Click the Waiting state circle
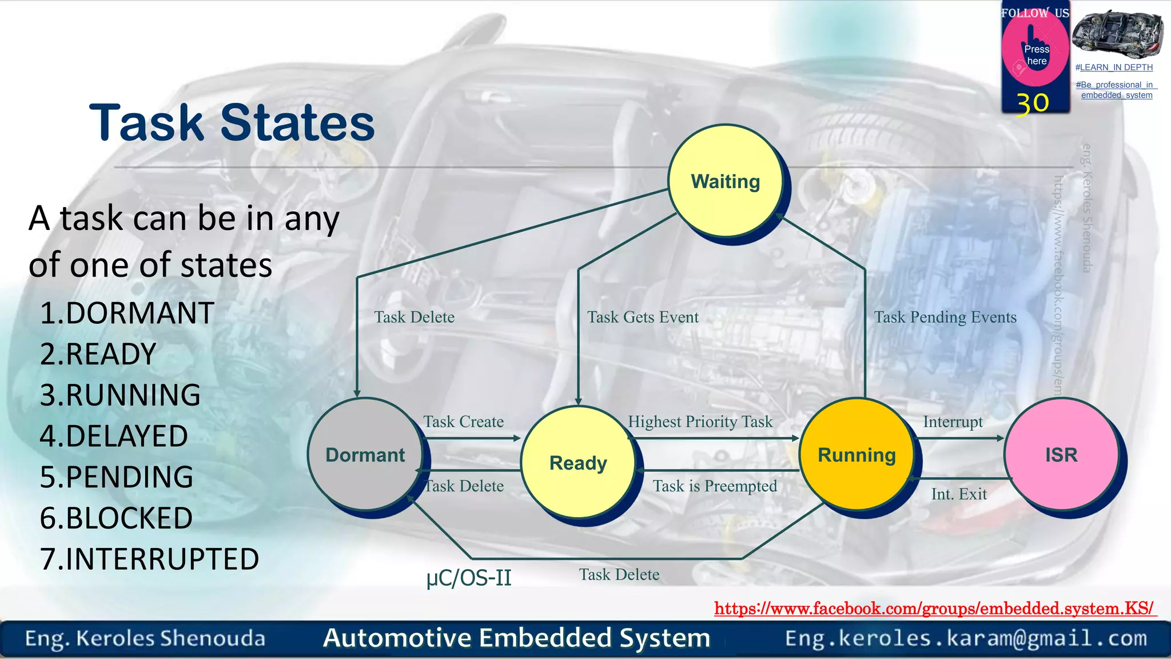[x=725, y=181]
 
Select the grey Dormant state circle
[x=365, y=455]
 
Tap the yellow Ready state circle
[x=578, y=462]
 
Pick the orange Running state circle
[x=857, y=455]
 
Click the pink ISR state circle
[x=1061, y=455]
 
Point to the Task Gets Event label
[x=643, y=317]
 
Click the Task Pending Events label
[x=945, y=317]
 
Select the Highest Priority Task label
[x=700, y=422]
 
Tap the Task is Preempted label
[x=715, y=486]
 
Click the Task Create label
[x=463, y=422]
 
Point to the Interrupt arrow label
[x=953, y=422]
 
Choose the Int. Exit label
[x=959, y=494]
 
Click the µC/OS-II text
[x=469, y=578]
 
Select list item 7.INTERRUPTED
[x=149, y=559]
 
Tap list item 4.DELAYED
[x=114, y=436]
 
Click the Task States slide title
[x=232, y=122]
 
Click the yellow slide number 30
[x=1032, y=104]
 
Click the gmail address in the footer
[x=966, y=638]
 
